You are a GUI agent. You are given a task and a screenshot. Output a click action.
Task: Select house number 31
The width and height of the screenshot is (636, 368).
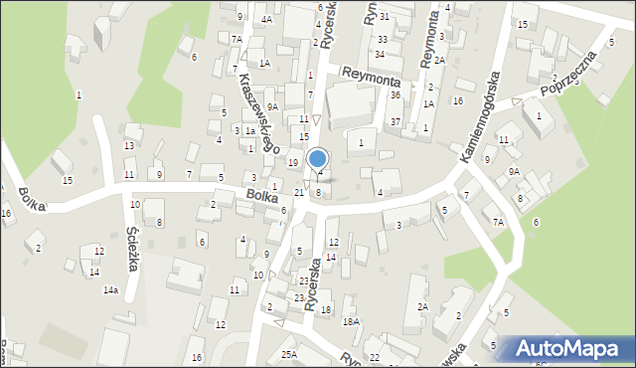(x=384, y=17)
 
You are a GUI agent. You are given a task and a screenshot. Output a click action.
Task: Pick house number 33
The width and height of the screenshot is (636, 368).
(x=383, y=40)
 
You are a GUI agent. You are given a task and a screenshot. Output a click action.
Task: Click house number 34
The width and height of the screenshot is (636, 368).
(x=379, y=54)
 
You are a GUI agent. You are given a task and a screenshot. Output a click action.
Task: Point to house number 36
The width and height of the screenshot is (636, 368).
(x=395, y=94)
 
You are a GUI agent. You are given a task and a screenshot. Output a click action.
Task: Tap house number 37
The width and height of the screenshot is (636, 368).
(x=395, y=121)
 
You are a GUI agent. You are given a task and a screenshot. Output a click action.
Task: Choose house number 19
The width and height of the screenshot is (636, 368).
(x=292, y=162)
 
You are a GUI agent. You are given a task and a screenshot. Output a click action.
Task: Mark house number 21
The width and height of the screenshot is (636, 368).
(x=299, y=192)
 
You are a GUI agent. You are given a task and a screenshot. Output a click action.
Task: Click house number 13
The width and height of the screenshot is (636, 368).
(x=129, y=146)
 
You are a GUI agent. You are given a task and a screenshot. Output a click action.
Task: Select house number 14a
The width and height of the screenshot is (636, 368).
(x=109, y=289)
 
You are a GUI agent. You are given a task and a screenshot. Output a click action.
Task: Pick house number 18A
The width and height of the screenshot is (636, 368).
(x=351, y=321)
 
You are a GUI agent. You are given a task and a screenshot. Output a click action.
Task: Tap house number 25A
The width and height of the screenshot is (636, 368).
(x=288, y=354)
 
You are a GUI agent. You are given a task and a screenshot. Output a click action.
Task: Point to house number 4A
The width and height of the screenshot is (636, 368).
(x=266, y=19)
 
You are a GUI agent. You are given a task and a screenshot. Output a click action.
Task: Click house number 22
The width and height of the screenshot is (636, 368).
(x=374, y=357)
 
